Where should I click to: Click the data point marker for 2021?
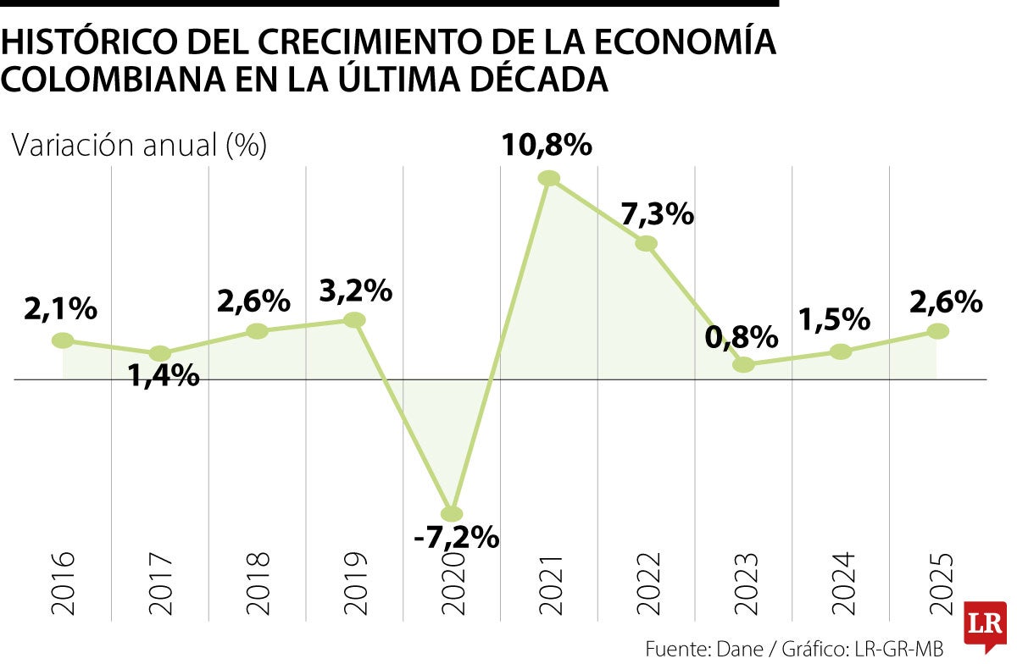(x=549, y=178)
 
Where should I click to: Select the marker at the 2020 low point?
(x=453, y=513)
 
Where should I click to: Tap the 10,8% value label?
(x=546, y=146)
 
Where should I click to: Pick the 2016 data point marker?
(x=63, y=340)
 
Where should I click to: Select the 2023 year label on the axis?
(x=746, y=583)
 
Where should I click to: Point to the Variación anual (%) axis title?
(x=139, y=146)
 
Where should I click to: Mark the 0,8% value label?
(x=741, y=337)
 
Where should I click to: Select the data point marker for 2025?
(x=936, y=331)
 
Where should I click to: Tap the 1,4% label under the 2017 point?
(x=164, y=374)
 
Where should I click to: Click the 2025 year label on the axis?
(x=941, y=583)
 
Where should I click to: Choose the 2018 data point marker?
(x=257, y=331)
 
